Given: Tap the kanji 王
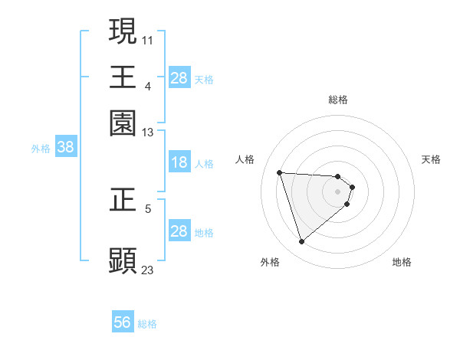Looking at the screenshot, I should [123, 77].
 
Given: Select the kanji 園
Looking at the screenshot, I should [123, 123].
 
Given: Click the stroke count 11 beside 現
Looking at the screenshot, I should [148, 39].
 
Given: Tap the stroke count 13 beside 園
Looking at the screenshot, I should [148, 133].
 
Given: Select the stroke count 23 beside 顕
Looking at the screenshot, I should [148, 270].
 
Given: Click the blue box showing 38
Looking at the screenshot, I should [65, 148].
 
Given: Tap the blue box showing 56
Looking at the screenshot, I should [123, 322].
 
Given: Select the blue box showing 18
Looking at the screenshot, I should [179, 162].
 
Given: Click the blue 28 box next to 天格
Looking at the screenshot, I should [179, 78].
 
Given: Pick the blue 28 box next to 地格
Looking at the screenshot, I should [179, 231].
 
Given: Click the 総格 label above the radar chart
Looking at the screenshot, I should [338, 100].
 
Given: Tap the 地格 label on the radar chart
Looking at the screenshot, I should [402, 262].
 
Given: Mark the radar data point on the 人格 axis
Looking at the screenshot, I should [280, 172].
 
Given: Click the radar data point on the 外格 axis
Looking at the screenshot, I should [301, 242].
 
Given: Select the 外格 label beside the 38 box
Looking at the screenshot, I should [40, 149].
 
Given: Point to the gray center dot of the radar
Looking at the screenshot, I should [338, 192].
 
